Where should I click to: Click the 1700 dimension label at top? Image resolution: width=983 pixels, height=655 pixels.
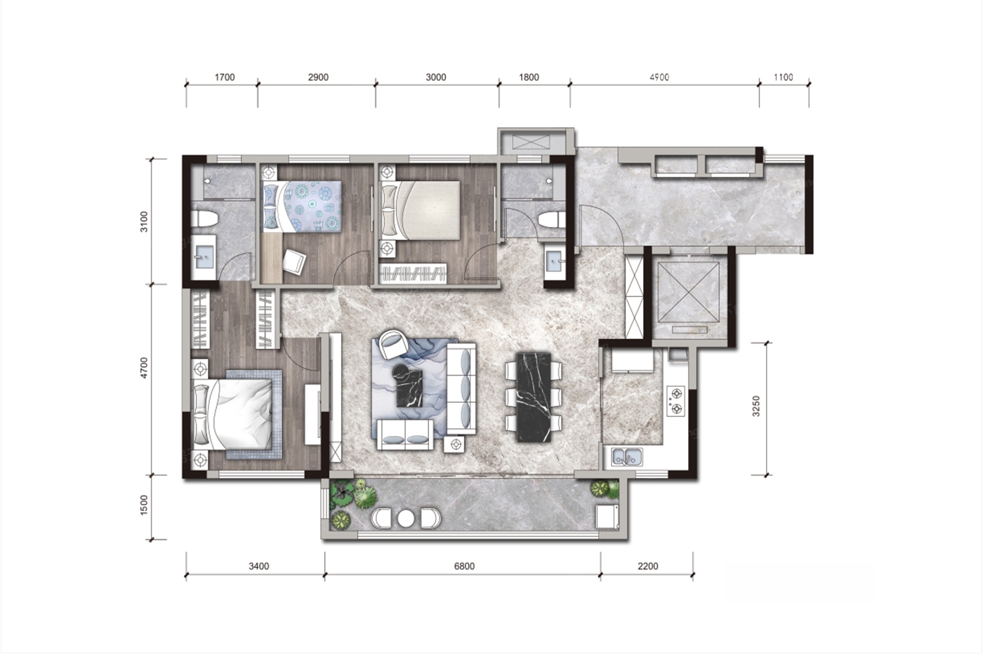[x=225, y=77]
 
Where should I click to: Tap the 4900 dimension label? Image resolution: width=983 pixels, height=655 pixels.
[x=659, y=77]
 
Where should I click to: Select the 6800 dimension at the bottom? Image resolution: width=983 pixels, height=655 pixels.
[x=464, y=567]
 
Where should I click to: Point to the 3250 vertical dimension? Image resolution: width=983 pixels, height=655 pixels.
[x=756, y=406]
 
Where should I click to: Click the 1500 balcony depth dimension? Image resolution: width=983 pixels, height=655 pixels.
[x=144, y=505]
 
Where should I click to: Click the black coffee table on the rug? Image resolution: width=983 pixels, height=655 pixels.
[x=409, y=385]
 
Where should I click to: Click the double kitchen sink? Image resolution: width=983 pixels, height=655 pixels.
[x=628, y=458]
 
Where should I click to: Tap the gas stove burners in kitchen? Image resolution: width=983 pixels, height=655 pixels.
[x=675, y=401]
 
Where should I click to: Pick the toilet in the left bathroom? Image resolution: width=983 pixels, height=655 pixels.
[x=204, y=218]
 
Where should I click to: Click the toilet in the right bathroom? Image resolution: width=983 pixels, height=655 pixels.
[x=552, y=219]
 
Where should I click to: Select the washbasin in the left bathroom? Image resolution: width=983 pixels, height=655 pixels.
[x=204, y=257]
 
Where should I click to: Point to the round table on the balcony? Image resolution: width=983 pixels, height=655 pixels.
[x=406, y=519]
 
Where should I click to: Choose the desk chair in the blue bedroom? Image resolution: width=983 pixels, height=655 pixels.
[x=294, y=261]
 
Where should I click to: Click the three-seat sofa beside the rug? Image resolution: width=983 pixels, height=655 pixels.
[x=462, y=389]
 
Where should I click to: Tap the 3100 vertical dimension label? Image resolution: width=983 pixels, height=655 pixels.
[x=144, y=222]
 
